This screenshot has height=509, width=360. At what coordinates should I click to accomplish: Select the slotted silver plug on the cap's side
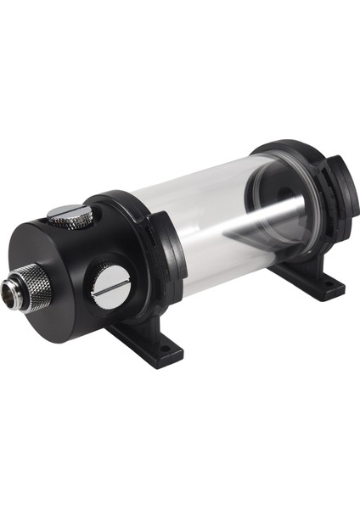coord(111,287)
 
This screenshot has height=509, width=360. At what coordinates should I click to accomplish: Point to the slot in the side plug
coord(111,288)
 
